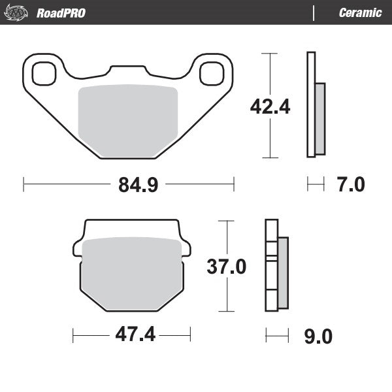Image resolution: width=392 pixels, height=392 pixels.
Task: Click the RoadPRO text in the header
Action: pyautogui.click(x=61, y=13)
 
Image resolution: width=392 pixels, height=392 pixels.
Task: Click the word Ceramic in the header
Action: pyautogui.click(x=360, y=13)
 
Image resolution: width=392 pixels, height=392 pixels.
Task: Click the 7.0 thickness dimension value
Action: pyautogui.click(x=351, y=185)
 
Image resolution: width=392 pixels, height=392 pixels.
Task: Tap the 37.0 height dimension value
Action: pyautogui.click(x=226, y=267)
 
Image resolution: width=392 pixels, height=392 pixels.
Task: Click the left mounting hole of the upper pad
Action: pyautogui.click(x=44, y=73)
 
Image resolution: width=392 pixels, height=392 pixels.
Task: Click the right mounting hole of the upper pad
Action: pyautogui.click(x=212, y=73)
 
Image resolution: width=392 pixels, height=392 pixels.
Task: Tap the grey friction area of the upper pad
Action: pyautogui.click(x=128, y=121)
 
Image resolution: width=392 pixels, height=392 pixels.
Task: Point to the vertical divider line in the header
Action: pyautogui.click(x=315, y=12)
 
